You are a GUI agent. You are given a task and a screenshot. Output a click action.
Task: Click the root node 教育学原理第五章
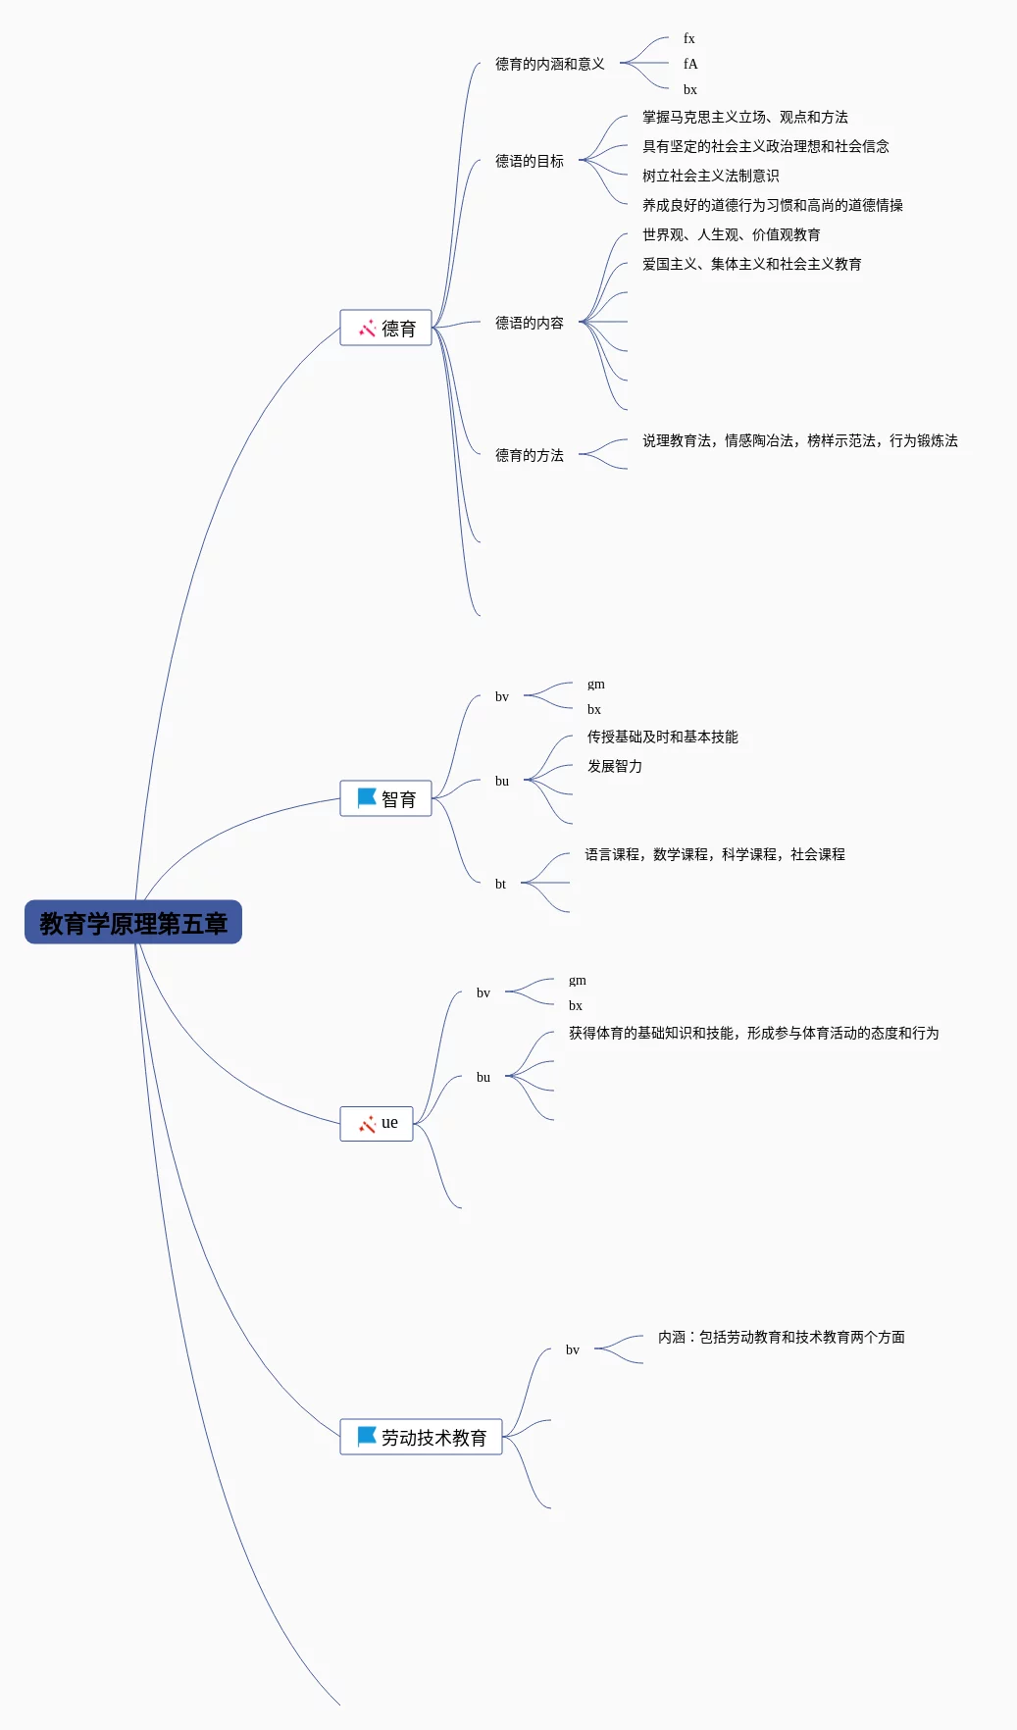[133, 922]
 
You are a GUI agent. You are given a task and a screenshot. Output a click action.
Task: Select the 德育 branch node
[385, 328]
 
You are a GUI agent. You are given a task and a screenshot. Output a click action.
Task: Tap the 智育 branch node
[385, 798]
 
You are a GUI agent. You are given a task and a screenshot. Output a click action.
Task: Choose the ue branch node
[377, 1123]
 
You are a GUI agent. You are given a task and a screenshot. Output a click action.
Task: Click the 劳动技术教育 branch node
[421, 1437]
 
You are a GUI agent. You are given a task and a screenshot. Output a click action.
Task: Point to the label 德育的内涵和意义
[550, 64]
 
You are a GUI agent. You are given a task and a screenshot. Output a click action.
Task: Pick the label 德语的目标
[530, 161]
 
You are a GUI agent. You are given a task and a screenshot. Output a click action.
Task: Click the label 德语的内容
[530, 323]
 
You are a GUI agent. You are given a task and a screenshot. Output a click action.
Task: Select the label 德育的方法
[530, 455]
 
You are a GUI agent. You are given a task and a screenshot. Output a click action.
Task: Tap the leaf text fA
[690, 64]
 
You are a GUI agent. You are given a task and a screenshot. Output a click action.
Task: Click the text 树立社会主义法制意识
[711, 176]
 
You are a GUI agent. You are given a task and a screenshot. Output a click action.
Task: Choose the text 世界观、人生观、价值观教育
[732, 234]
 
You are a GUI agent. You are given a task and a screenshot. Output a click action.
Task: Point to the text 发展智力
[615, 766]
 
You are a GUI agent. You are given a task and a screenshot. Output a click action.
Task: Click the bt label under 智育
[500, 884]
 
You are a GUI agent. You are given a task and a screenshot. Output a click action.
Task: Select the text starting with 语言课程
[715, 854]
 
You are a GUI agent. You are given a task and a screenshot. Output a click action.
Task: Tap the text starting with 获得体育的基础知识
[754, 1033]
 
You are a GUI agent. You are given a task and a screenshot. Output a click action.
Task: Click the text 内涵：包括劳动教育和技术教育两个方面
[782, 1337]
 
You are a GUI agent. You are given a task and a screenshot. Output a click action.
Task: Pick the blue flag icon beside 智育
[367, 798]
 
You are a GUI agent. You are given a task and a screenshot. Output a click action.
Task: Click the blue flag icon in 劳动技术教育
[367, 1437]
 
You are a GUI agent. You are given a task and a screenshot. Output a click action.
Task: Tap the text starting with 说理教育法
[800, 440]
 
